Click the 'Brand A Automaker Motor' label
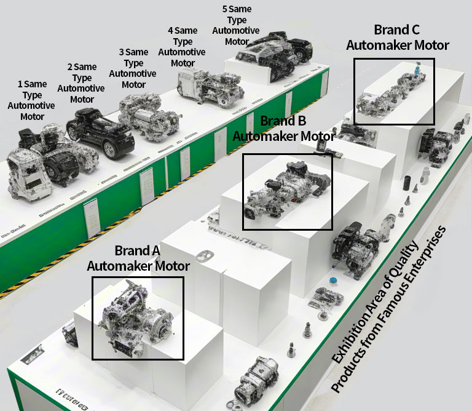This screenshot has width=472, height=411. coord(138,258)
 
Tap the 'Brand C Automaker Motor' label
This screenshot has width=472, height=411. coord(397,38)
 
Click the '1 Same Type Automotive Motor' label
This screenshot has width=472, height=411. coord(31,100)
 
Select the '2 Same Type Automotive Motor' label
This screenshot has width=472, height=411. coord(81,82)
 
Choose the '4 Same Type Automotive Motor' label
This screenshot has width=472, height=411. coord(183,47)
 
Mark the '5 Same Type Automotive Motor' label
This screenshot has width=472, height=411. coord(236,25)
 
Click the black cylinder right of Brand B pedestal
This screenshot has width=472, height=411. coord(406,184)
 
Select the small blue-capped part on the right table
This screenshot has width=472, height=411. coord(333,281)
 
